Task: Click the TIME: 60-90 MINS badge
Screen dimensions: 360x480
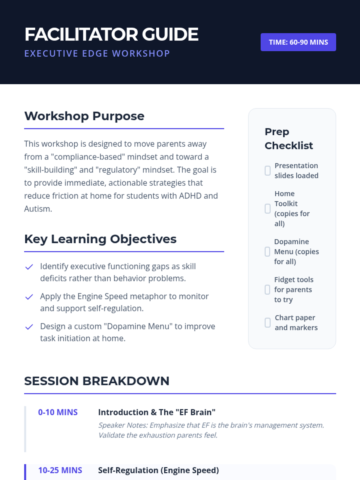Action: [298, 42]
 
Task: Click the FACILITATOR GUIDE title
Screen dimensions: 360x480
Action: [112, 34]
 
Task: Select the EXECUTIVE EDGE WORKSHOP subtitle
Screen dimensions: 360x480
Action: [97, 54]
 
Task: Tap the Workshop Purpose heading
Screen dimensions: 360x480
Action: [84, 116]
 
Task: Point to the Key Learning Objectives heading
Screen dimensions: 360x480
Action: [100, 239]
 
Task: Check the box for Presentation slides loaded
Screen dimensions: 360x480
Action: [268, 171]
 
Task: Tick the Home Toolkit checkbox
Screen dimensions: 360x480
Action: [268, 208]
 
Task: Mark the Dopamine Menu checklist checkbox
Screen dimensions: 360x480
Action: [267, 252]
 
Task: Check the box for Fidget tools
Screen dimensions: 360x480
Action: [267, 290]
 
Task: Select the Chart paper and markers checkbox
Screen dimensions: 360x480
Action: [268, 322]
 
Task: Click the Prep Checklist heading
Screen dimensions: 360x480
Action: [289, 139]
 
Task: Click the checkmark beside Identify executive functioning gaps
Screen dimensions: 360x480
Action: [29, 267]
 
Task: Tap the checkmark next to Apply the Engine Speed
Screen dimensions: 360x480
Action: [29, 297]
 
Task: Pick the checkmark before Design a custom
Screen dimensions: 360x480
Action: [29, 327]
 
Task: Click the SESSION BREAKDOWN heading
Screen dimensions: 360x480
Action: [97, 381]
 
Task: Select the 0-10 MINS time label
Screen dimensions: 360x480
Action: [58, 412]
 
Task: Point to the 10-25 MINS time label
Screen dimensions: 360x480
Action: [60, 470]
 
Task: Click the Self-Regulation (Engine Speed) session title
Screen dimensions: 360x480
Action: [158, 470]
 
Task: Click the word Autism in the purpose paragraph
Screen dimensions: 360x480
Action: [38, 209]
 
